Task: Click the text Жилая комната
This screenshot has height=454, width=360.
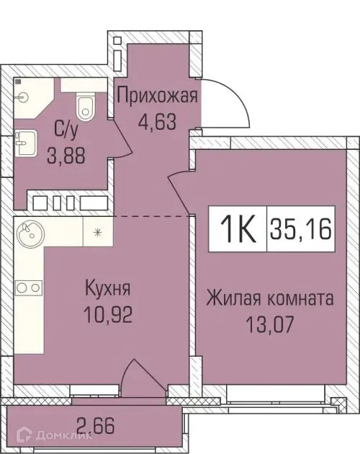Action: (x=269, y=297)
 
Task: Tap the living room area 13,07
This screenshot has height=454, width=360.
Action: (x=269, y=321)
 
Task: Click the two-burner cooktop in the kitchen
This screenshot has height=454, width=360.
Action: (x=28, y=288)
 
